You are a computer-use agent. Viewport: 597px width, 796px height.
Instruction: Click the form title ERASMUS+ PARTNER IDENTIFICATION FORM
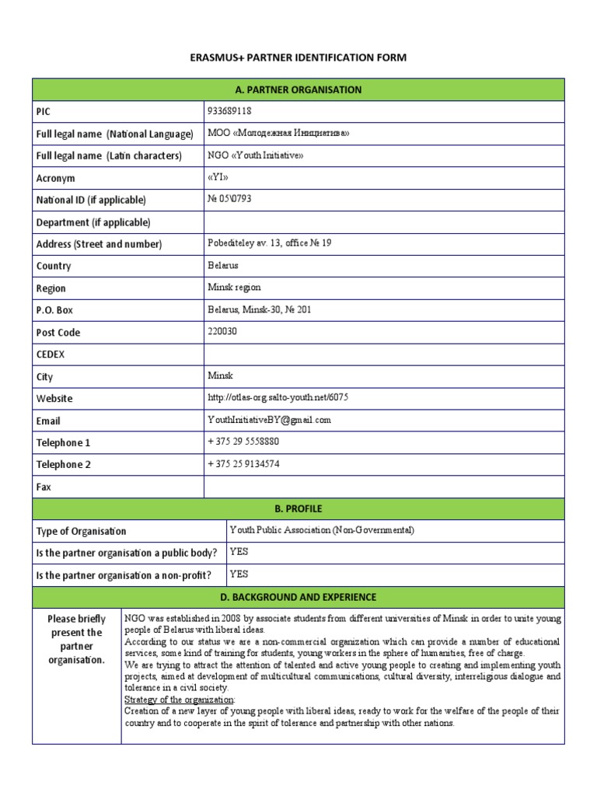[298, 58]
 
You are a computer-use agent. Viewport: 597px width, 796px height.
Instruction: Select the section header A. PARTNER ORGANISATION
[298, 89]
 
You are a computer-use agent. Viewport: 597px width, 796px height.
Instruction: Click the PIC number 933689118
[230, 110]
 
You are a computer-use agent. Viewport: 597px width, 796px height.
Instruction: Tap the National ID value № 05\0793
[229, 199]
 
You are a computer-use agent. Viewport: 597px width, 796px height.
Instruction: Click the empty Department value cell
[384, 222]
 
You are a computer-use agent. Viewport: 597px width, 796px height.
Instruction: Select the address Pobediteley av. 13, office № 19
[269, 243]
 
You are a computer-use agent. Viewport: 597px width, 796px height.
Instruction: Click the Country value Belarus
[223, 265]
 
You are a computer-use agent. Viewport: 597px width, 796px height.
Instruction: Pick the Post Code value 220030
[222, 331]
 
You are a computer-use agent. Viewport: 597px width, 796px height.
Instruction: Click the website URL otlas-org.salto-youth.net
[278, 397]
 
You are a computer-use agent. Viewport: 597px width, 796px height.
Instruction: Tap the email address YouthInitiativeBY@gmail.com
[269, 420]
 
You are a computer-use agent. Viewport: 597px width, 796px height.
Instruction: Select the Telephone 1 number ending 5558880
[243, 442]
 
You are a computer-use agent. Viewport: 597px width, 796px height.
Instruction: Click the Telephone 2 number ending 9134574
[243, 464]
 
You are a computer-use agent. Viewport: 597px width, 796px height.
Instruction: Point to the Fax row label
[44, 487]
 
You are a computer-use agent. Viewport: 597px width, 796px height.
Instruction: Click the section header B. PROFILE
[298, 509]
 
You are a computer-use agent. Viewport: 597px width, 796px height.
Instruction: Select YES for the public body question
[239, 552]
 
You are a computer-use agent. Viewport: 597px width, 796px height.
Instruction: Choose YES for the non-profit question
[239, 574]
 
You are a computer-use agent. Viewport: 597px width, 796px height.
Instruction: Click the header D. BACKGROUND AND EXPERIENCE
[298, 597]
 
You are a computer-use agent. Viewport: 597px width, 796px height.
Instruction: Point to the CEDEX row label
[51, 354]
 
